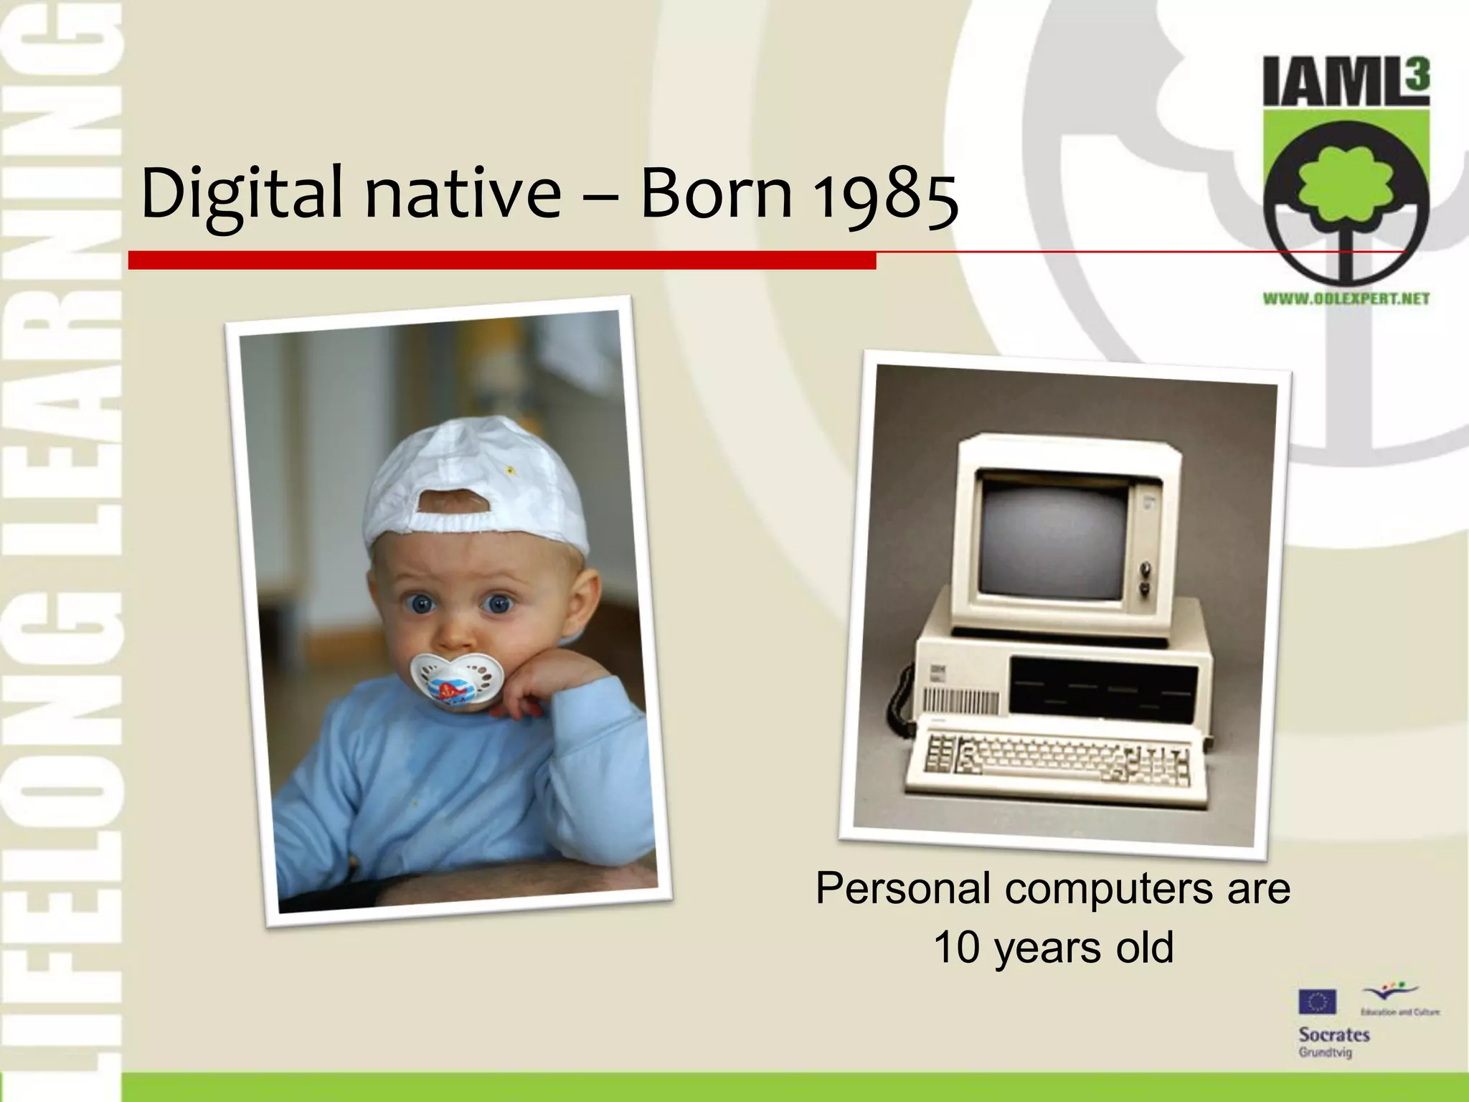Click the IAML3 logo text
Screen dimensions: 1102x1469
pos(1346,83)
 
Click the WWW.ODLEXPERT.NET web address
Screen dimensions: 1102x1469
pos(1346,298)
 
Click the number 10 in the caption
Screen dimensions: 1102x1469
pos(956,947)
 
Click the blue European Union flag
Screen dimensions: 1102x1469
pos(1317,1002)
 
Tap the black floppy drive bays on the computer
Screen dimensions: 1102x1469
pos(1103,689)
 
